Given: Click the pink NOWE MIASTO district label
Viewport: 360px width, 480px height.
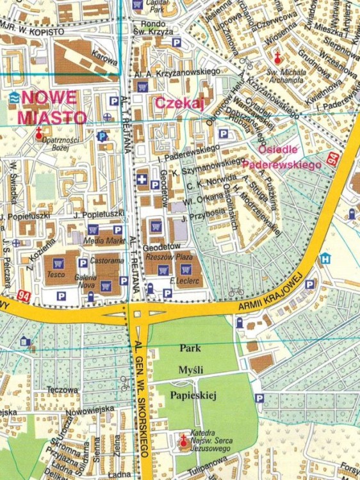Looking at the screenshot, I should point(51,108).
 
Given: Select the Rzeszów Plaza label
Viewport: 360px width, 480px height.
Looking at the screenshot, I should point(165,256).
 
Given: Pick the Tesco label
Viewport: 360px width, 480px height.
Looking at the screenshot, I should point(56,275).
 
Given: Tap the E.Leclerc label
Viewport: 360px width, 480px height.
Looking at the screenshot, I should point(183,280).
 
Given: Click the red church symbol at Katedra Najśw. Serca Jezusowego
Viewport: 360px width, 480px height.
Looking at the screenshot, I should point(183,440).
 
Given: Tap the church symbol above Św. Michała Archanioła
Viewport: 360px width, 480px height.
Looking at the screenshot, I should point(277,57).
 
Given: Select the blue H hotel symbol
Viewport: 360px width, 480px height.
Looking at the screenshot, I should point(325,259).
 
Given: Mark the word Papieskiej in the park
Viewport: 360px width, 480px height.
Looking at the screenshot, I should point(193,396).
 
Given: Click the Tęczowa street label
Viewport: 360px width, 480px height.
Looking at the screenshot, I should point(62,389).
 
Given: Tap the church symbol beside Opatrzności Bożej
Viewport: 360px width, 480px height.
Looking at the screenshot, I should point(39,134).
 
